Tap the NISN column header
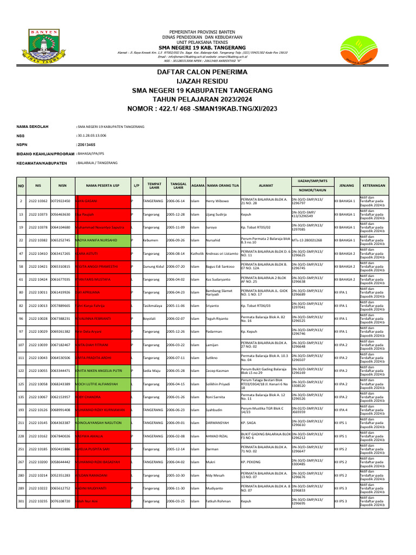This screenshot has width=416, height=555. (62, 185)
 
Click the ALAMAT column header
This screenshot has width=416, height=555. (265, 185)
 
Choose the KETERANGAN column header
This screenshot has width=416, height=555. (373, 185)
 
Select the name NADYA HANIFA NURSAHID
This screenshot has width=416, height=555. (100, 240)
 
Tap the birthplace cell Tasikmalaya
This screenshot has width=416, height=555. (153, 306)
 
